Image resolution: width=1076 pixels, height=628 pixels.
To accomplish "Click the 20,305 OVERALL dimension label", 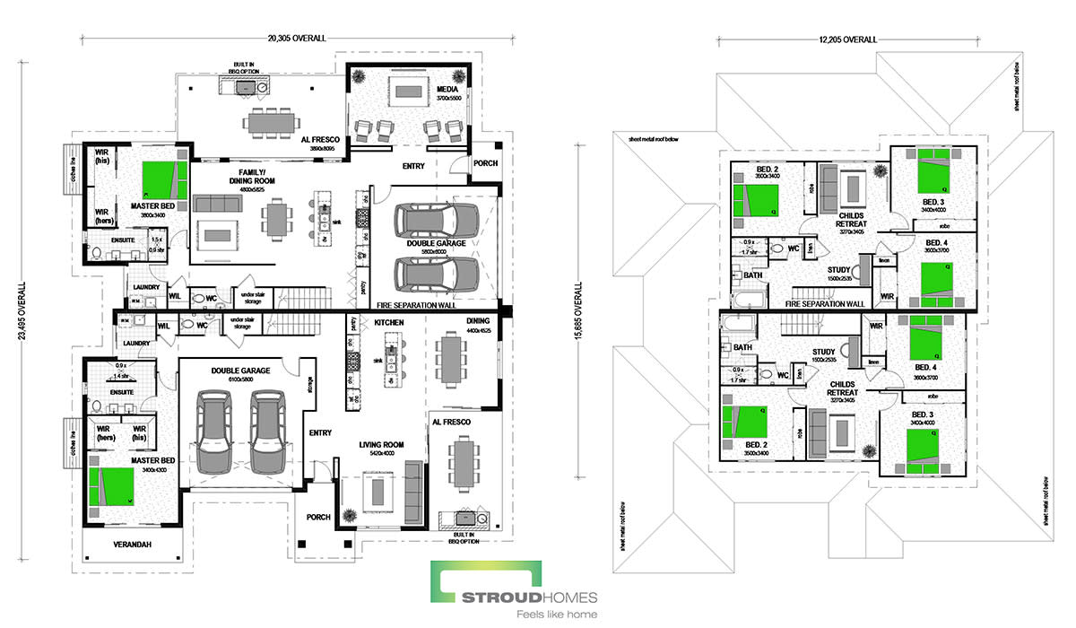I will pyautogui.click(x=296, y=39).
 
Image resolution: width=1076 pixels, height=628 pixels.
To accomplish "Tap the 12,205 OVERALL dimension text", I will pyautogui.click(x=846, y=39).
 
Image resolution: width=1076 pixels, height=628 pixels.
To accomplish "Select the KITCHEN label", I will pyautogui.click(x=389, y=321).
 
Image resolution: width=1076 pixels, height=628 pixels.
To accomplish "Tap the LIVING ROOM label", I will pyautogui.click(x=381, y=444).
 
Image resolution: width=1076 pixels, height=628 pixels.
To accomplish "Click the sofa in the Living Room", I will pyautogui.click(x=412, y=484).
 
